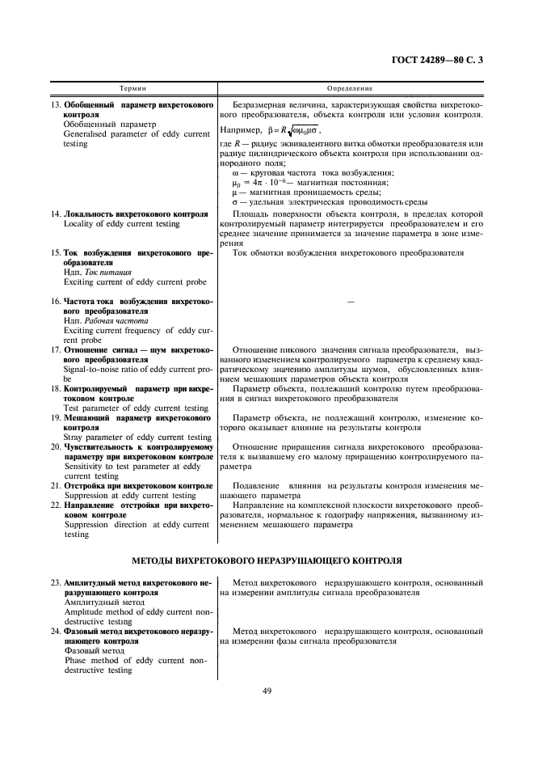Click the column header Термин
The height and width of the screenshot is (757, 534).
click(x=132, y=87)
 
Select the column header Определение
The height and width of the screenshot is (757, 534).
click(x=349, y=87)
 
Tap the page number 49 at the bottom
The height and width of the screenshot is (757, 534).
click(x=267, y=690)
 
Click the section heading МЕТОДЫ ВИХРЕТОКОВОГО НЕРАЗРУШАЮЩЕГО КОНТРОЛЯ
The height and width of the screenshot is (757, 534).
click(x=267, y=560)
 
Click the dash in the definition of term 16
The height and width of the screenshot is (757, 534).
click(x=350, y=301)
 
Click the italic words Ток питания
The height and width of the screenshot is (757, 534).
click(x=108, y=273)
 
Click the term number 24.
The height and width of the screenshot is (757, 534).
click(x=56, y=630)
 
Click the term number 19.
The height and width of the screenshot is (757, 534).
click(x=56, y=418)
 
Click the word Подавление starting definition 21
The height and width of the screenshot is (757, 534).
click(x=257, y=486)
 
